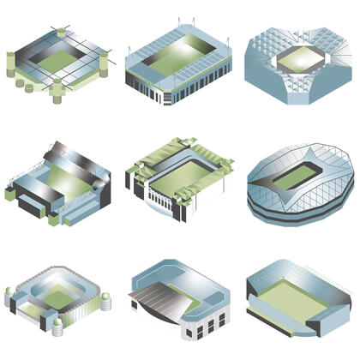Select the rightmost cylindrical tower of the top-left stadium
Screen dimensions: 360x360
104,63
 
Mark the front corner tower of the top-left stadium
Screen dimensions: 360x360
57,88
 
